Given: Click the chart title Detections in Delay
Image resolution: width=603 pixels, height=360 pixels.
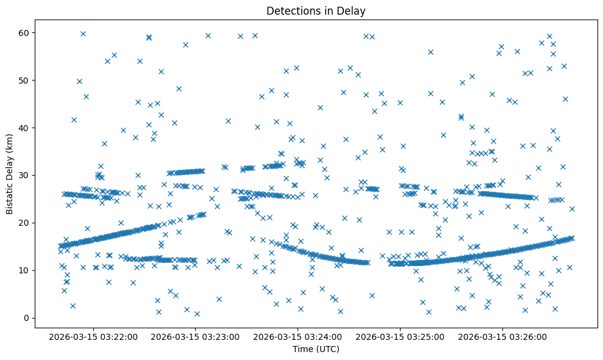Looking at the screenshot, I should tap(316, 11).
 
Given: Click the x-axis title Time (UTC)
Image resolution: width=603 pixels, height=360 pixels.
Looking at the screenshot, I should tap(316, 349).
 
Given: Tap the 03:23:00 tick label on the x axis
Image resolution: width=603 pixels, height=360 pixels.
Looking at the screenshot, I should tap(196, 336).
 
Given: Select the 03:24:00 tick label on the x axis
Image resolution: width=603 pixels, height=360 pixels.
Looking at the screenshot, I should tap(298, 336).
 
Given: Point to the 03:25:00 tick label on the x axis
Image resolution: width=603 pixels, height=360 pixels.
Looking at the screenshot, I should tap(401, 336).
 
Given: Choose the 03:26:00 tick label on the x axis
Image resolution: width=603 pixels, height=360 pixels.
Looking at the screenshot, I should tap(502, 336).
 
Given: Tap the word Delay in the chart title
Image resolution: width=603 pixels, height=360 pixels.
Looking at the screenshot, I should tap(353, 11).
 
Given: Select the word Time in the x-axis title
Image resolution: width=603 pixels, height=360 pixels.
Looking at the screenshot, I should tap(302, 349).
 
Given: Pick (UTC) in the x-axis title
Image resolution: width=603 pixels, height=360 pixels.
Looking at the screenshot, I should tap(326, 349).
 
